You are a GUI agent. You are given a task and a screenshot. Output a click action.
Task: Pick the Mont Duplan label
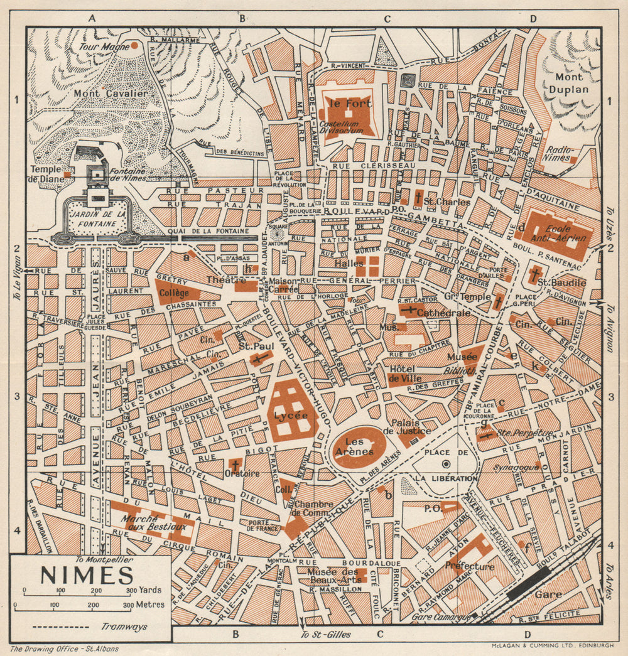click(568, 83)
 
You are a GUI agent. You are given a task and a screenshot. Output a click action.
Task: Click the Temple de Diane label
click(46, 174)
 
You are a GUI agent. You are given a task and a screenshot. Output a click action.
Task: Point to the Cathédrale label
click(447, 313)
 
